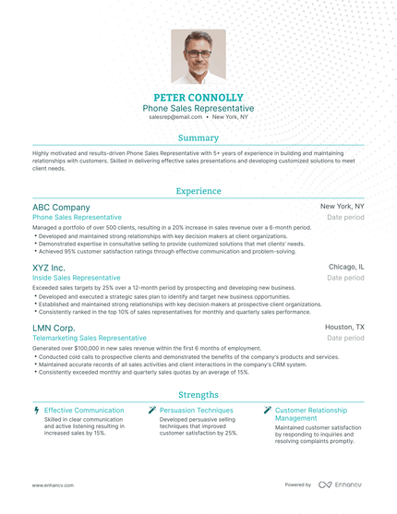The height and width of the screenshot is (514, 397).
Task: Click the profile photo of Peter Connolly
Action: point(198,56)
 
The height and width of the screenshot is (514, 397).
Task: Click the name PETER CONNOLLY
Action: point(198,96)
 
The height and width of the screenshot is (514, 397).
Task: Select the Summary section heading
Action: point(198,137)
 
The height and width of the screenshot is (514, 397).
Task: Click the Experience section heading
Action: point(198,191)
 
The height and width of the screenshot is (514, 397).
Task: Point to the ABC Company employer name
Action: point(61,208)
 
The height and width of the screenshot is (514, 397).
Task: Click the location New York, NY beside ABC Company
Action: point(342,207)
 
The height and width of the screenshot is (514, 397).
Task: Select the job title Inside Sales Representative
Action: point(76,277)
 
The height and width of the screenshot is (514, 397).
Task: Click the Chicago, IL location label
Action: point(346,267)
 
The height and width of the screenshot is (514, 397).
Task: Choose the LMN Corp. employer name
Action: point(54,328)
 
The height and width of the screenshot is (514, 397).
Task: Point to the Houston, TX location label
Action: point(344,327)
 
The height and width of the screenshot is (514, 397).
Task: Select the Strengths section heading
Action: point(198,394)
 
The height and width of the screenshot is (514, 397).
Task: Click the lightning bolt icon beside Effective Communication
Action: point(36,410)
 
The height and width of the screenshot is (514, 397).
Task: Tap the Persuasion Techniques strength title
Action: point(196,410)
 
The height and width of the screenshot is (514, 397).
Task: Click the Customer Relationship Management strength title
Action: point(311,413)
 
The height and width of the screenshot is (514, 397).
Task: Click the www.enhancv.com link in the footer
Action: point(53,484)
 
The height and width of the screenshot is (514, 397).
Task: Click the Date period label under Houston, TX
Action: point(346,338)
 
